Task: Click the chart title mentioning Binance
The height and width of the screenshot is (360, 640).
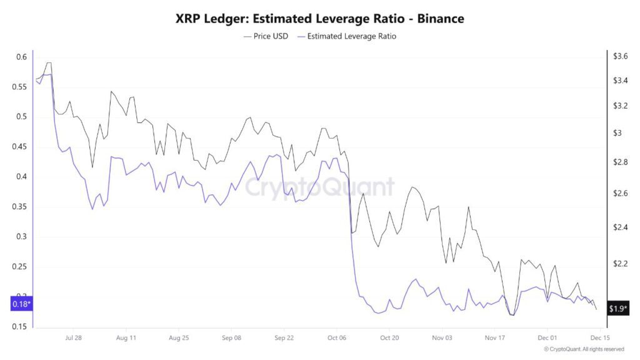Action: pos(320,19)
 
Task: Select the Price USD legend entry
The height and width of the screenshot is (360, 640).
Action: pos(266,36)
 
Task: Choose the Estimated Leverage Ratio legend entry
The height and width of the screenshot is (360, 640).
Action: pos(348,36)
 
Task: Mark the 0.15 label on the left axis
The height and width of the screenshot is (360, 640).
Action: pos(21,327)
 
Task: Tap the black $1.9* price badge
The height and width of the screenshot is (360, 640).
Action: pos(619,309)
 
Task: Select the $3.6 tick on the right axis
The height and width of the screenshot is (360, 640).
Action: pos(620,56)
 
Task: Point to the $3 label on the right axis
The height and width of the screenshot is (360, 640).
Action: pos(617,133)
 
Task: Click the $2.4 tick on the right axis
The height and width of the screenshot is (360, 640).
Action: pos(620,227)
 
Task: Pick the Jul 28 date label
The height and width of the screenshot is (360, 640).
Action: pos(73,337)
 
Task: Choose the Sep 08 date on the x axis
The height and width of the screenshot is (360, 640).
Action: pos(231,337)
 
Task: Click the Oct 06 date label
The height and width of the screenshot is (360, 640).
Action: pos(337,337)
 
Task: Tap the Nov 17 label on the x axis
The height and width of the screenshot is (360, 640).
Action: pos(494,337)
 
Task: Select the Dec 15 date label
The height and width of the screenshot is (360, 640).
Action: pos(600,337)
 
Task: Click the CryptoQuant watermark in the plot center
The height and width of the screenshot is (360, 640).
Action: pos(319,187)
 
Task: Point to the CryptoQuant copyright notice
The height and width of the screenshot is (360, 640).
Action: pos(584,349)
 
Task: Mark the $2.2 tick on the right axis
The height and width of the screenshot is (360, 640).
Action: pos(620,264)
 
